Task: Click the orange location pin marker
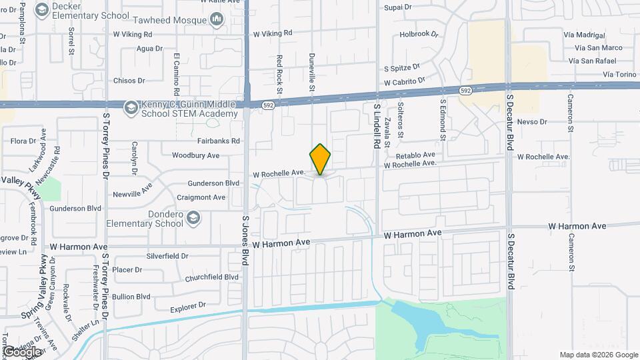point(320,159)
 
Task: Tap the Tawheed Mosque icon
point(216,20)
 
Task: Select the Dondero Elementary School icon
point(193,217)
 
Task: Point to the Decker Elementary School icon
point(41,9)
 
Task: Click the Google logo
point(21,351)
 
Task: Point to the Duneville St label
point(311,73)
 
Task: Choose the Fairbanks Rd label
point(218,141)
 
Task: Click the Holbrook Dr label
point(419,33)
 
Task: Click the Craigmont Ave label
point(201,197)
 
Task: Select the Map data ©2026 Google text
point(599,355)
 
